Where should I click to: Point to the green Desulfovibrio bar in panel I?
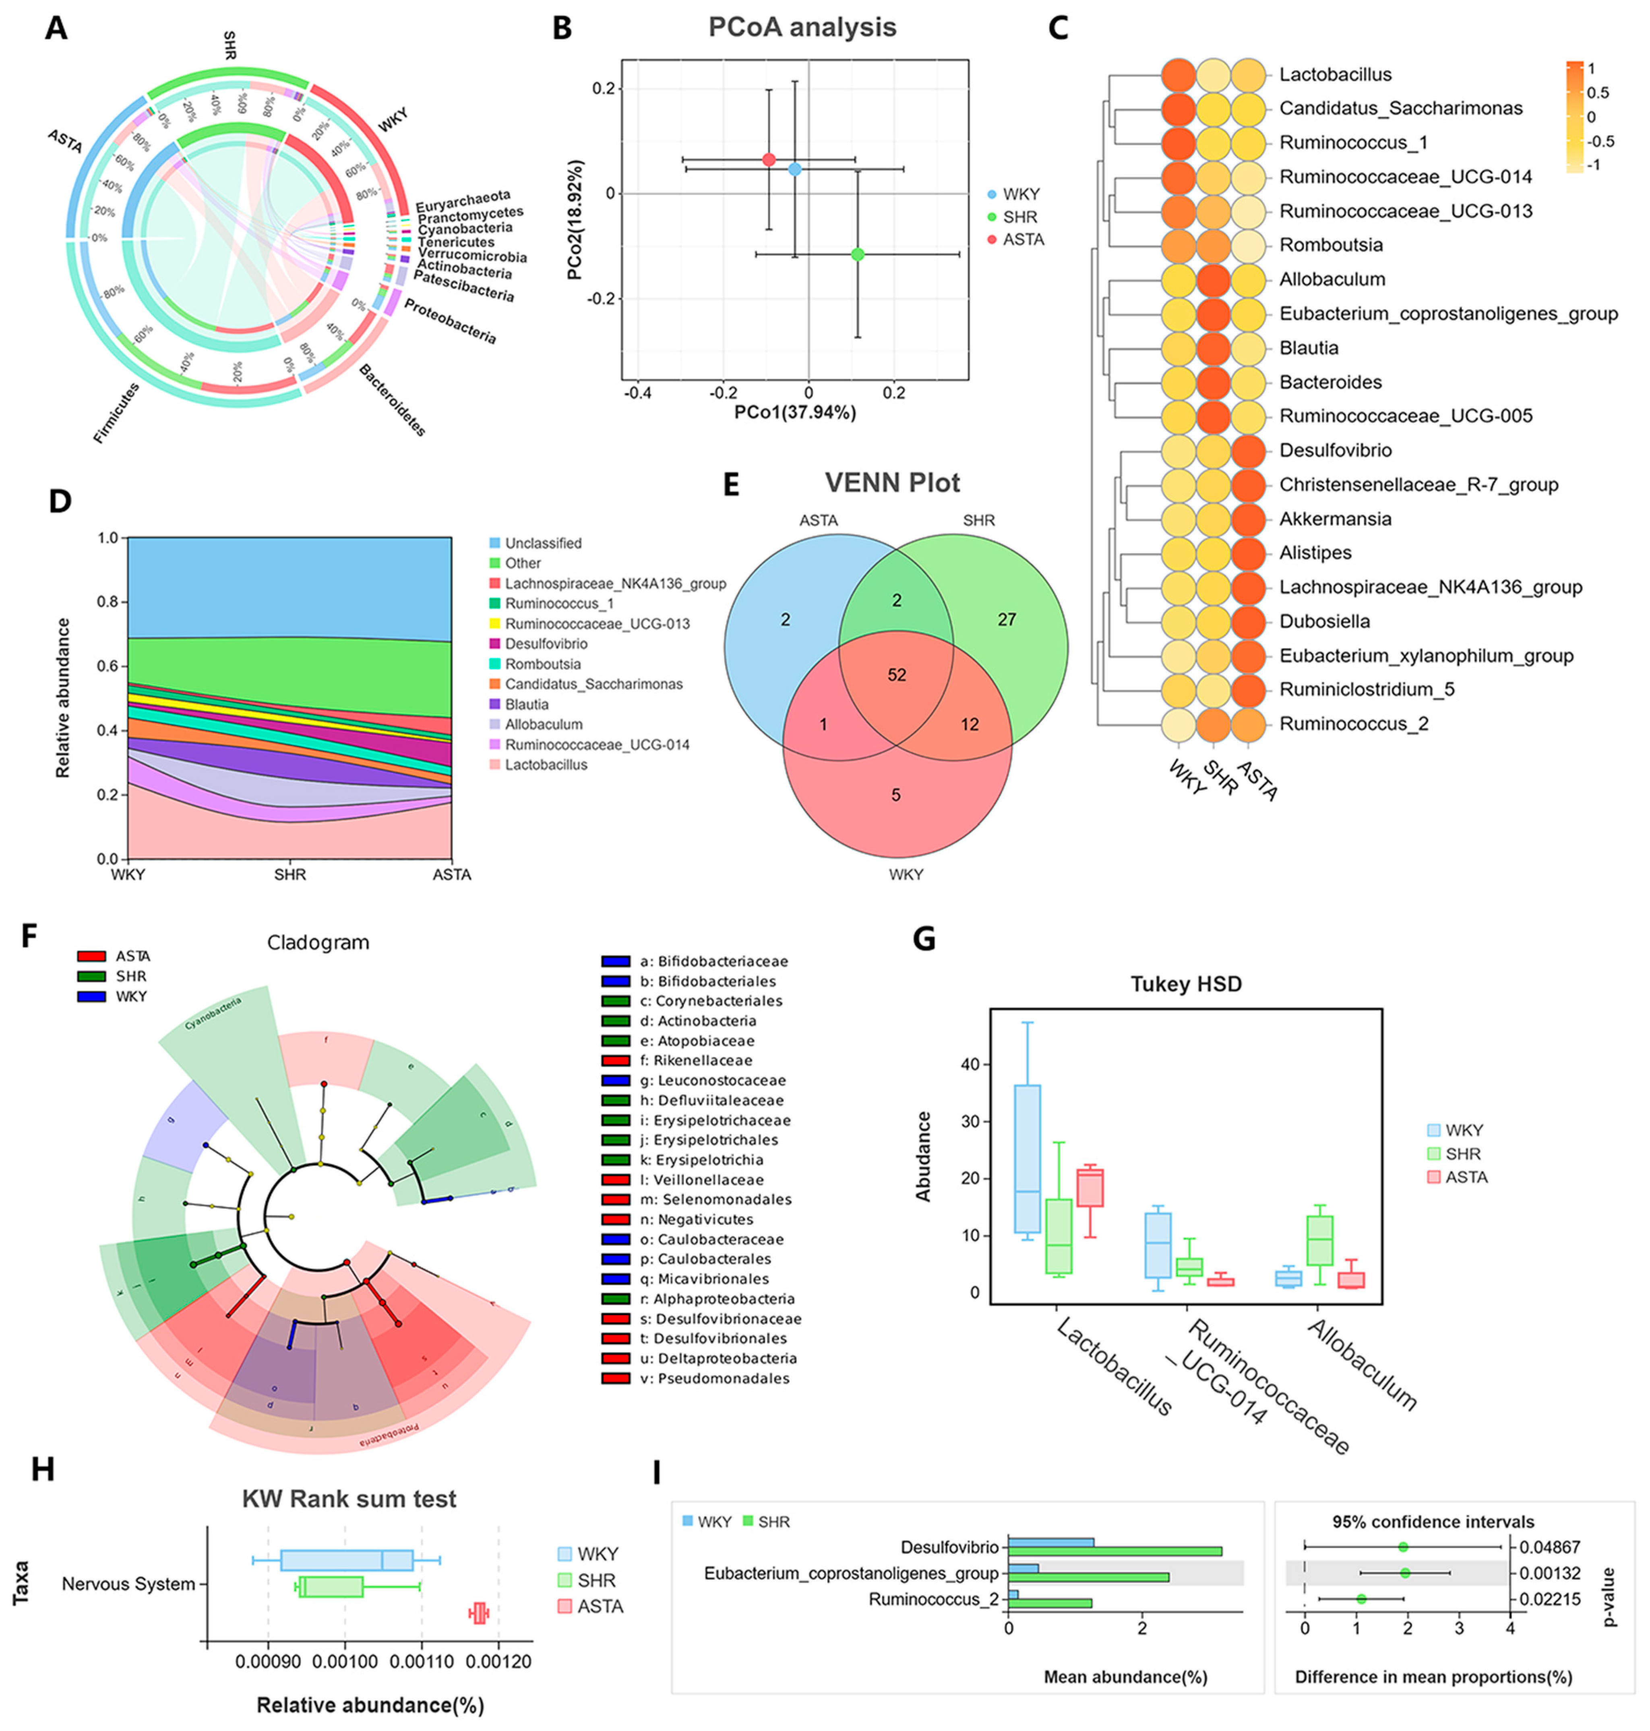(1114, 1551)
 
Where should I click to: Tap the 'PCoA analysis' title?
(802, 27)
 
